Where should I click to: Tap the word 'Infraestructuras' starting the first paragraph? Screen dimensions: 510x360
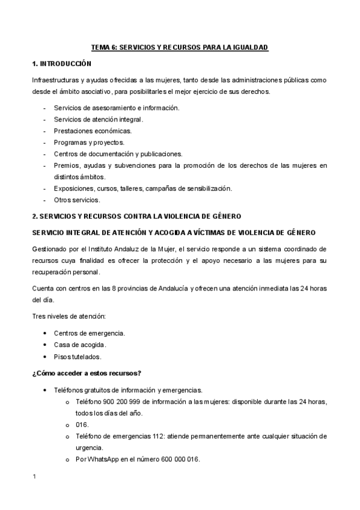pyautogui.click(x=53, y=80)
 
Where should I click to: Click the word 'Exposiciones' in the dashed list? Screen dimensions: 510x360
pyautogui.click(x=72, y=188)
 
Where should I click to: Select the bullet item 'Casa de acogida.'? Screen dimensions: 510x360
pyautogui.click(x=80, y=345)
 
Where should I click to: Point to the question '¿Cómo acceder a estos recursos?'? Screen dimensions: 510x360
pyautogui.click(x=87, y=373)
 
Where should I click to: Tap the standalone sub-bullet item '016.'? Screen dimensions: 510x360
pyautogui.click(x=83, y=424)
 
